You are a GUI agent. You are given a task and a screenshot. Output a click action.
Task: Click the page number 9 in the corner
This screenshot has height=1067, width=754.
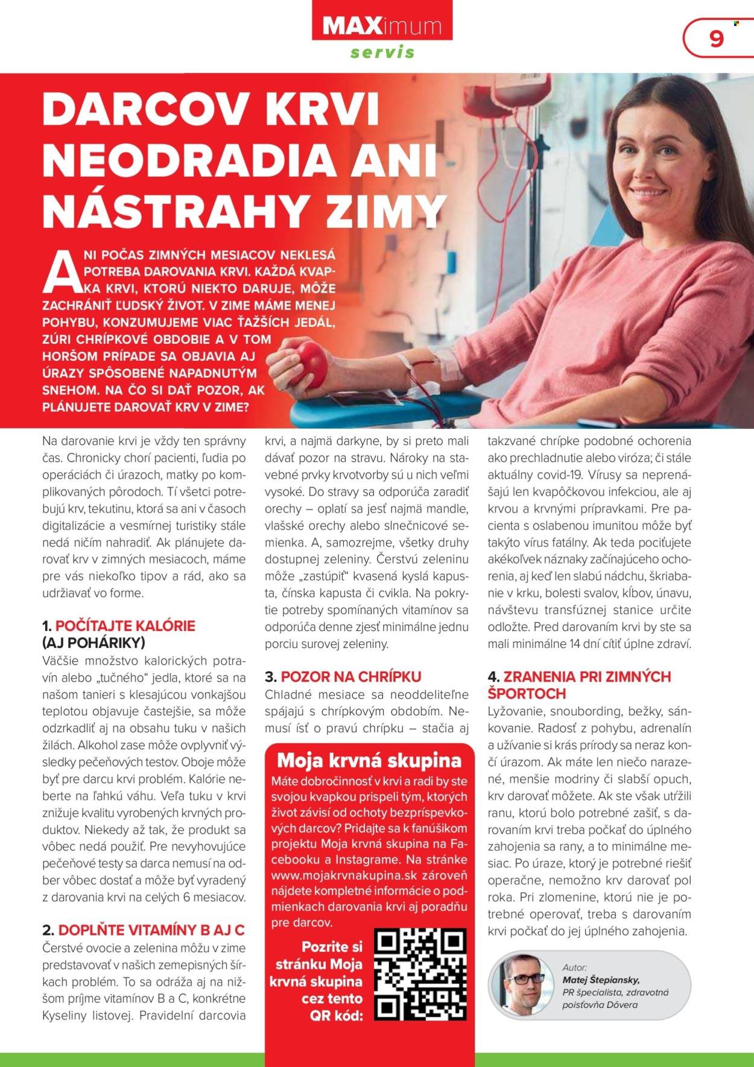(716, 39)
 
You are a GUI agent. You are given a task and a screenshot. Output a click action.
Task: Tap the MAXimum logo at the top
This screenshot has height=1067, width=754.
(382, 26)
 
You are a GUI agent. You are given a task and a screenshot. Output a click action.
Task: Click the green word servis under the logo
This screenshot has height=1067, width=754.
(382, 52)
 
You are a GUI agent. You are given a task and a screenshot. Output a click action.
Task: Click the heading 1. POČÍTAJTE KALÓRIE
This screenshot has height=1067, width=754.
(119, 625)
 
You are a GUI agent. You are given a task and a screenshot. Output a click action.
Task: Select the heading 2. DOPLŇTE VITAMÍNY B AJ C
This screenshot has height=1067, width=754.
(144, 929)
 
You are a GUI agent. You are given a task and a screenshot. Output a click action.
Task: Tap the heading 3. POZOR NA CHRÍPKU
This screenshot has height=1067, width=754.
(343, 676)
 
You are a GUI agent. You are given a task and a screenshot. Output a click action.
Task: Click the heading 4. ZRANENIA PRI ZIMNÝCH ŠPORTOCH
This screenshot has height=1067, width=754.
(579, 685)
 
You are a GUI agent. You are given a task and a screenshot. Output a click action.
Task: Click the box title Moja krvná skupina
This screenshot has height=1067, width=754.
(368, 760)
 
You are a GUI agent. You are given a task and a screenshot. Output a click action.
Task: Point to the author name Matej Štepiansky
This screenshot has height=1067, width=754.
(601, 980)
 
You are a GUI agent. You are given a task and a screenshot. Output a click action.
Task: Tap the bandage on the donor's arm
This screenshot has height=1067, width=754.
(445, 365)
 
